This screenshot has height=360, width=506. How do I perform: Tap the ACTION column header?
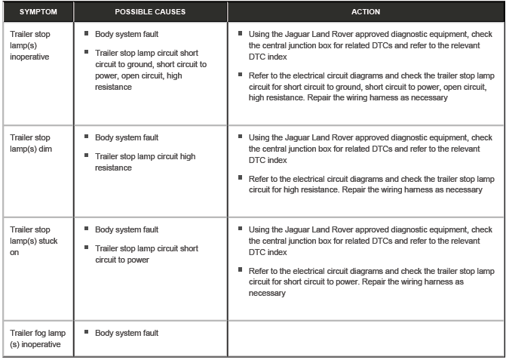(x=366, y=12)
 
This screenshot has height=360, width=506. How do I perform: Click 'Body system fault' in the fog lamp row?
(x=127, y=333)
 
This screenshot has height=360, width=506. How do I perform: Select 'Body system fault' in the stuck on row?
(x=127, y=229)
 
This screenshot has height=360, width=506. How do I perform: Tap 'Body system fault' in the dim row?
(x=127, y=137)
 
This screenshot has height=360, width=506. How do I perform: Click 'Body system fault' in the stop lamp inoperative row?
(x=127, y=34)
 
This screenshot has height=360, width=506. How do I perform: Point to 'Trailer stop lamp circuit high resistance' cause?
(x=146, y=162)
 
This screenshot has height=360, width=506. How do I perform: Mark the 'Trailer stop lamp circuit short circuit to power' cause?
(x=147, y=254)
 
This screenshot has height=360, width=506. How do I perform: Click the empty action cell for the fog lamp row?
(x=366, y=339)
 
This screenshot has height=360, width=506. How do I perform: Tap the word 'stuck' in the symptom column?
(x=46, y=241)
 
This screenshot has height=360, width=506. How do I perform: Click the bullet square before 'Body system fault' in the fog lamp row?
(x=87, y=332)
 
